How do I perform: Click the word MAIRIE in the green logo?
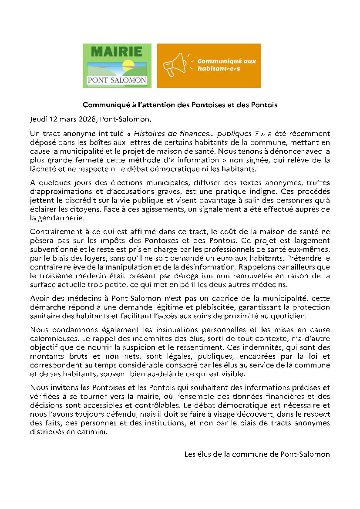pos(117,52)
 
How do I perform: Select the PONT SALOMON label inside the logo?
pos(117,80)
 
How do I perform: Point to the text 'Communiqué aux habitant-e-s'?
pos(226,65)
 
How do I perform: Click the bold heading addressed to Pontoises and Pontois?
pos(180,105)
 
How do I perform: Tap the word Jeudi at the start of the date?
pos(39,119)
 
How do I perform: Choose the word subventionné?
pos(52,254)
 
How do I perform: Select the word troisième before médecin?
pos(54,276)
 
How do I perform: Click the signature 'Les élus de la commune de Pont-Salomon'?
pos(257,454)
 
